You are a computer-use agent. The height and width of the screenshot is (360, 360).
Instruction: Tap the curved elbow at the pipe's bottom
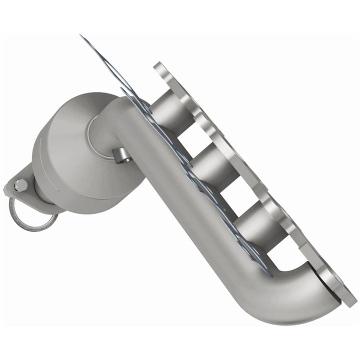pos(300,295)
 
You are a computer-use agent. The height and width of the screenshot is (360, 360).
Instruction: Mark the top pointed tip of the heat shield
pos(81,36)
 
